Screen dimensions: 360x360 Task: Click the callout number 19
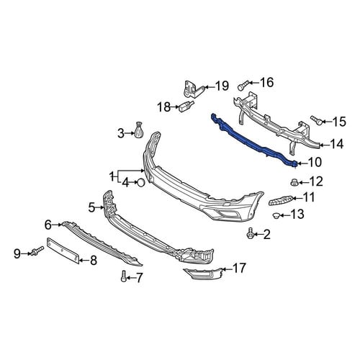[x=222, y=86]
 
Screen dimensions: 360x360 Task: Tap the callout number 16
[x=266, y=82]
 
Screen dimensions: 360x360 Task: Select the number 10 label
[x=315, y=162]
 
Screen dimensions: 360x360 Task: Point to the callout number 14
[x=336, y=144]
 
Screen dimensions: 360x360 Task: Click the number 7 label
[x=139, y=278]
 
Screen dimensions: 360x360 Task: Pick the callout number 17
[x=239, y=268]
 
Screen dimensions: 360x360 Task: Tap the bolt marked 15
[x=317, y=120]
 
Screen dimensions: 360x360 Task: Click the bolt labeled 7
[x=124, y=276]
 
